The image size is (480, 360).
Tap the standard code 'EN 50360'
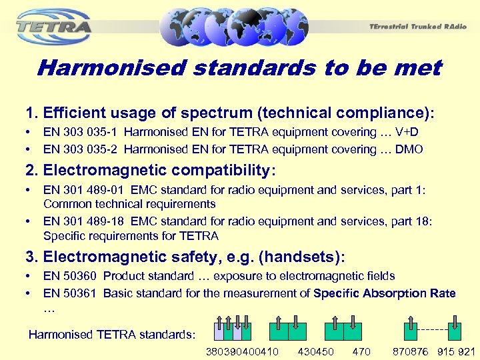[x=70, y=276]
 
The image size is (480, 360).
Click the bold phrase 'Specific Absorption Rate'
[x=384, y=293]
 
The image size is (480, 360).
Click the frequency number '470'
[x=362, y=351]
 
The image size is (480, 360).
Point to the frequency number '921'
[x=466, y=351]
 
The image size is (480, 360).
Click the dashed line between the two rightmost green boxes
[x=434, y=329]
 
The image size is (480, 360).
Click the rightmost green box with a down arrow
[x=454, y=331]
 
